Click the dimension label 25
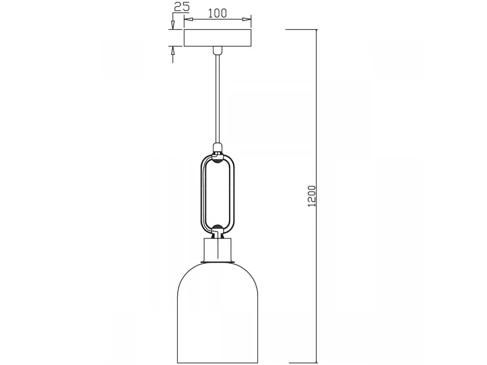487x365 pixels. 182,6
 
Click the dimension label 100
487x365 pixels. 218,13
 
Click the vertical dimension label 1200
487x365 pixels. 312,196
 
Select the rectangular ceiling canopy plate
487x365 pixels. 218,38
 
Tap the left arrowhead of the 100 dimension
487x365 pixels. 188,19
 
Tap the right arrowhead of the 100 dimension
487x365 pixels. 247,19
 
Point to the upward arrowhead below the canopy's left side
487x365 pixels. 173,51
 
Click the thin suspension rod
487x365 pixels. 218,99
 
